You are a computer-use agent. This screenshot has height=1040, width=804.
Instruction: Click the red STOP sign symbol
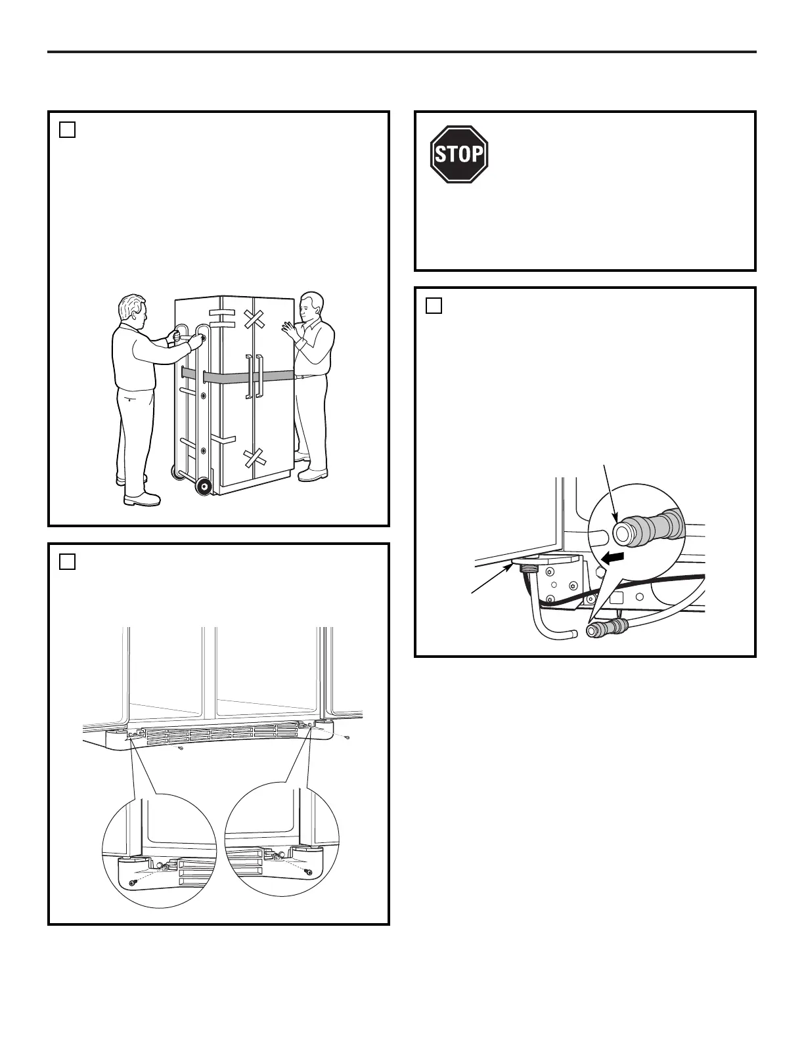(x=459, y=154)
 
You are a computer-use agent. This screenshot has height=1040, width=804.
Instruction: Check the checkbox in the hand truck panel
(x=67, y=130)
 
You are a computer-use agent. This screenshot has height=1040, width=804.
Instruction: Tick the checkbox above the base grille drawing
(x=67, y=562)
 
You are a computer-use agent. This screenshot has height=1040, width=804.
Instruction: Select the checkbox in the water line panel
(x=434, y=306)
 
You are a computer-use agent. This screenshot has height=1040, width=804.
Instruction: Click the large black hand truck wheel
(x=204, y=487)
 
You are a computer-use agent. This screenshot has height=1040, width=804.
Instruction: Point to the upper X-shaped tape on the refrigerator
(x=254, y=319)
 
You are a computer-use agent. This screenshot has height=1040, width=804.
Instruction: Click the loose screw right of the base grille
(x=347, y=737)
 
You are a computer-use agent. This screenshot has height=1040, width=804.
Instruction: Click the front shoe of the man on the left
(x=142, y=498)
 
